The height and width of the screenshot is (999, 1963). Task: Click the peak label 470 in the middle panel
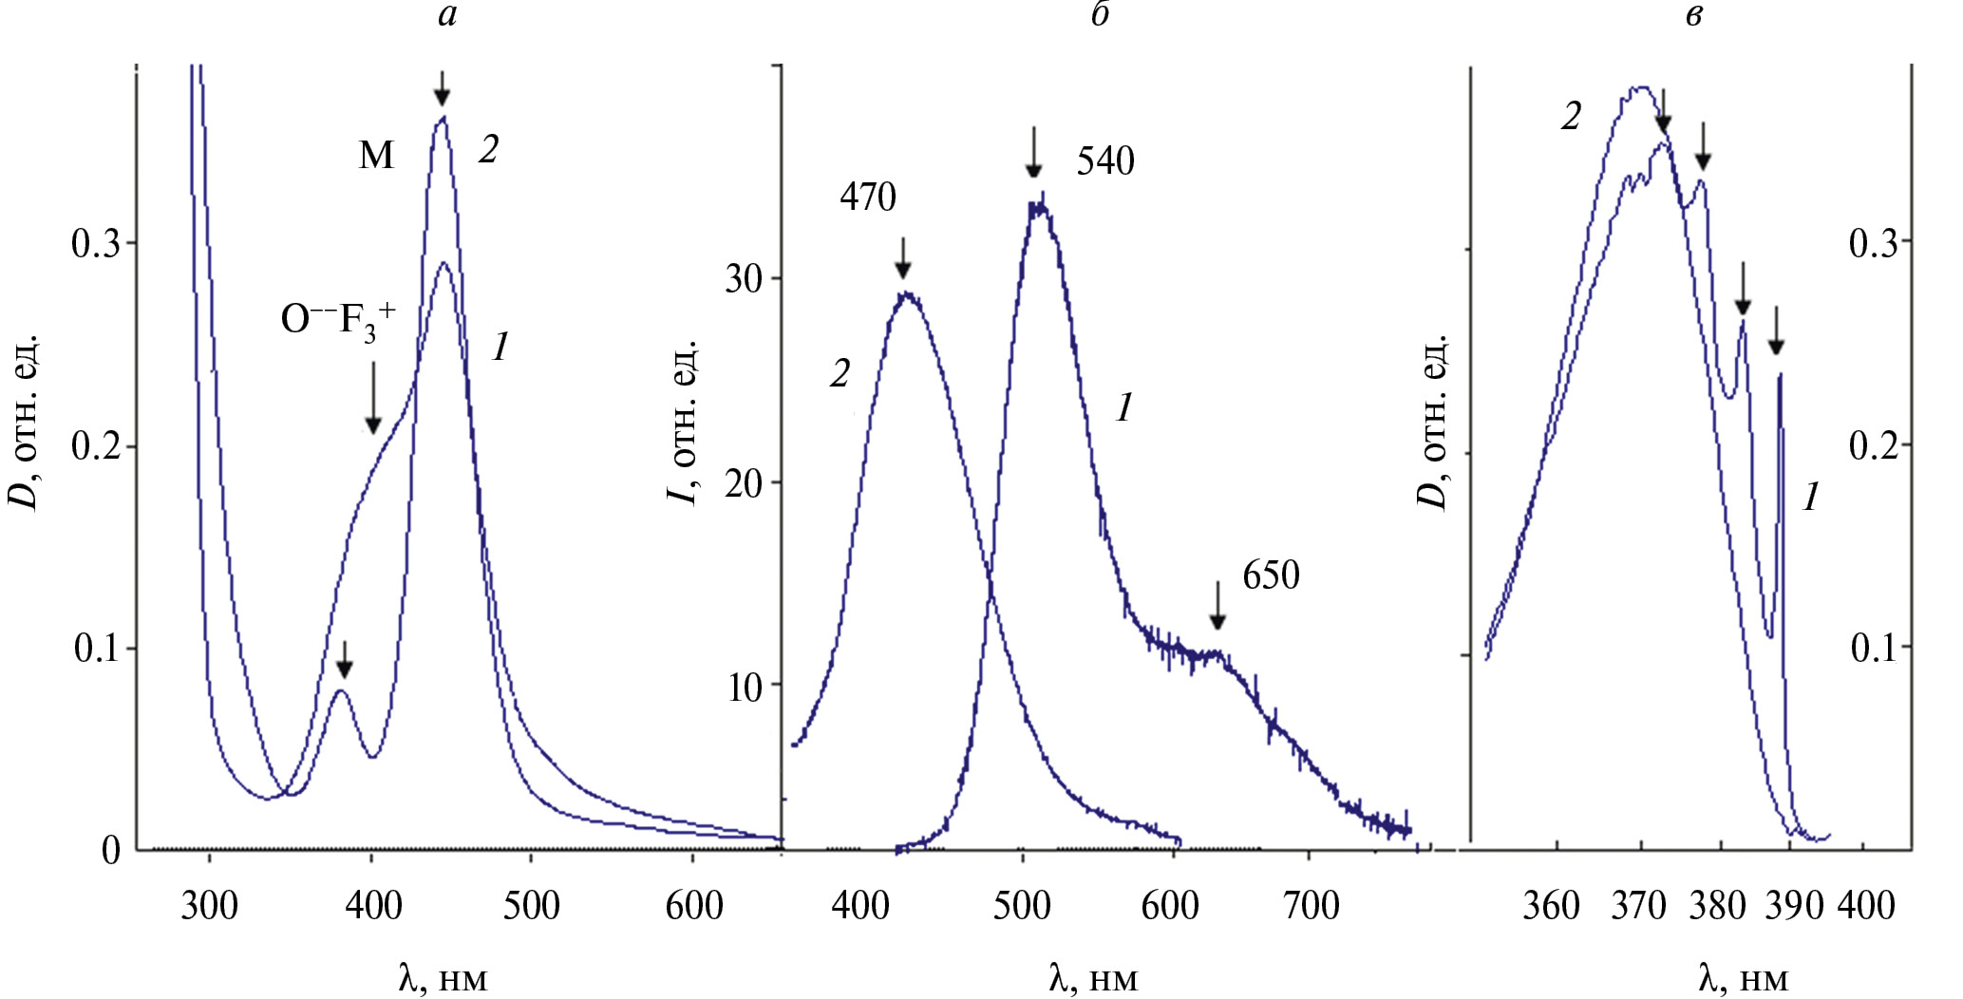click(x=867, y=198)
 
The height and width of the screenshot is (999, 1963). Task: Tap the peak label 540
click(x=1104, y=161)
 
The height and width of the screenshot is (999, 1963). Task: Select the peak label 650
click(x=1271, y=575)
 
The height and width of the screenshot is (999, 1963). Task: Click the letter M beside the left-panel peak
click(x=376, y=155)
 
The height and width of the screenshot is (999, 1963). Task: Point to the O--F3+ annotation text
click(x=338, y=320)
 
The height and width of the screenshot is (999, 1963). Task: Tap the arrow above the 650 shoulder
click(x=1217, y=606)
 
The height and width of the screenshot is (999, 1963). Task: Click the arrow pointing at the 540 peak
click(x=1034, y=153)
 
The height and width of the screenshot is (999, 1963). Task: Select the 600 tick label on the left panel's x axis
click(x=694, y=906)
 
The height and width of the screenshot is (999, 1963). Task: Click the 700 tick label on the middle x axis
click(x=1311, y=906)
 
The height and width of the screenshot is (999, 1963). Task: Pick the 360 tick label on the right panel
click(x=1551, y=906)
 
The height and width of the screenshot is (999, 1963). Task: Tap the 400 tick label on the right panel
click(x=1866, y=906)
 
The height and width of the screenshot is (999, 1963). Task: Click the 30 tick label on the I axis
click(x=745, y=279)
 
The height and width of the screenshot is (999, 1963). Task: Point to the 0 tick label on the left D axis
click(x=111, y=851)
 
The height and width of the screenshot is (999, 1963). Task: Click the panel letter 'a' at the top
click(x=447, y=16)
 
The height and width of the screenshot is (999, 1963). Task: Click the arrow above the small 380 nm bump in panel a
click(x=345, y=659)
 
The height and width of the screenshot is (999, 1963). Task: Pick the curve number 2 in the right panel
click(x=1572, y=117)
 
